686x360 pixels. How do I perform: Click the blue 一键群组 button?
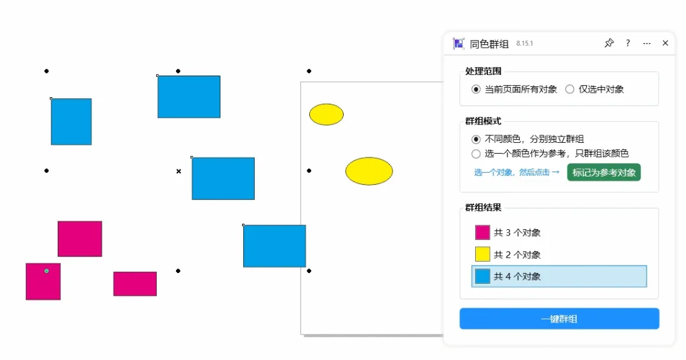point(559,319)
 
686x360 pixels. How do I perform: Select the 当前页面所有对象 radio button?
point(476,90)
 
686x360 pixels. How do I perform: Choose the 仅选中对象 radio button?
point(570,90)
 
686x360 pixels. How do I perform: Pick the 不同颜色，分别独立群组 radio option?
point(476,139)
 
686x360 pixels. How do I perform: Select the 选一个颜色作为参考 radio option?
point(476,154)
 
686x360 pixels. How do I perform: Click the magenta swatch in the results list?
point(483,232)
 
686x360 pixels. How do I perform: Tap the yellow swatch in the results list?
point(483,255)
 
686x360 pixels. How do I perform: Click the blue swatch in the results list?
point(483,277)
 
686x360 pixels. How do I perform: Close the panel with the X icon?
point(665,43)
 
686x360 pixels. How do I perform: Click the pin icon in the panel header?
point(609,43)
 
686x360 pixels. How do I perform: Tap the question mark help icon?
point(628,43)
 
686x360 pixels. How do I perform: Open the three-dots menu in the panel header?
point(647,43)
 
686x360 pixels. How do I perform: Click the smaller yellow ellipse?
point(326,114)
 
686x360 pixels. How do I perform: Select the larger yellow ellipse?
point(369,171)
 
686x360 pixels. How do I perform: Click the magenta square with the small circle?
point(43,281)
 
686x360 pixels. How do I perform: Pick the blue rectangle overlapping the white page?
point(274,246)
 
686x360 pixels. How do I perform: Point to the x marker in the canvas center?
point(178,171)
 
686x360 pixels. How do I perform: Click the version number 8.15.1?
point(524,43)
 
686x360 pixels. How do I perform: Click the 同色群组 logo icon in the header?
point(459,44)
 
